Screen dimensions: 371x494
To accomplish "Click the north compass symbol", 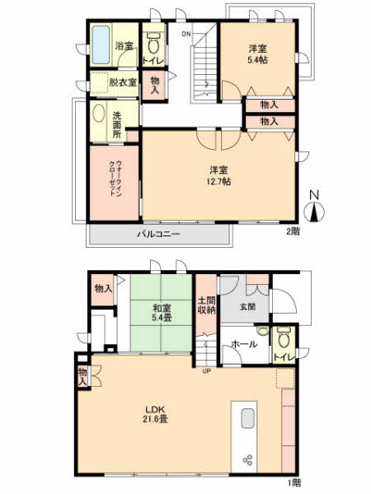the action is (x=314, y=208).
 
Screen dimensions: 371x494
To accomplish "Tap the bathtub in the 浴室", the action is (x=101, y=45).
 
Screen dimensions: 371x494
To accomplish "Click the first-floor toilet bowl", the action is (x=284, y=338).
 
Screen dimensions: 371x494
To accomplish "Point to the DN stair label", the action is (x=186, y=34).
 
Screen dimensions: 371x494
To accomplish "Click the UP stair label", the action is (x=206, y=371).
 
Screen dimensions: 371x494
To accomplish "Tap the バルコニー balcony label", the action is (x=158, y=234).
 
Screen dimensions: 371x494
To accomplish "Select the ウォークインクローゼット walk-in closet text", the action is (x=115, y=179).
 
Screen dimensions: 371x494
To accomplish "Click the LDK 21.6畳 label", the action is (x=156, y=414).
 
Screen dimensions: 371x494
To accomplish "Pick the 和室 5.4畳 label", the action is (x=162, y=313).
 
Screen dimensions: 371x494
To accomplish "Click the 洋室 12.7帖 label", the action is (x=219, y=176).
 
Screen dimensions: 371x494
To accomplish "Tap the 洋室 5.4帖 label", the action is (x=257, y=54).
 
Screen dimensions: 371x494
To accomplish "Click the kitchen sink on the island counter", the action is (x=248, y=418).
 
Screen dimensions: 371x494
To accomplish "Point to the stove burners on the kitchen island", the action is (x=247, y=459).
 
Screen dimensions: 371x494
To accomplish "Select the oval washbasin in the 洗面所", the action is (x=99, y=114).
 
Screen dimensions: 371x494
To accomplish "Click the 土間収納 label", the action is (x=207, y=305).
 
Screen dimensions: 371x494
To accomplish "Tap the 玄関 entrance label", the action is (x=247, y=306).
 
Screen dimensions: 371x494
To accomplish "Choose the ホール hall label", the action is (x=244, y=344).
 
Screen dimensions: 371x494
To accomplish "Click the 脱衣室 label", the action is (x=123, y=82).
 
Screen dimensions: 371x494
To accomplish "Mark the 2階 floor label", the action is (x=294, y=231).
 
